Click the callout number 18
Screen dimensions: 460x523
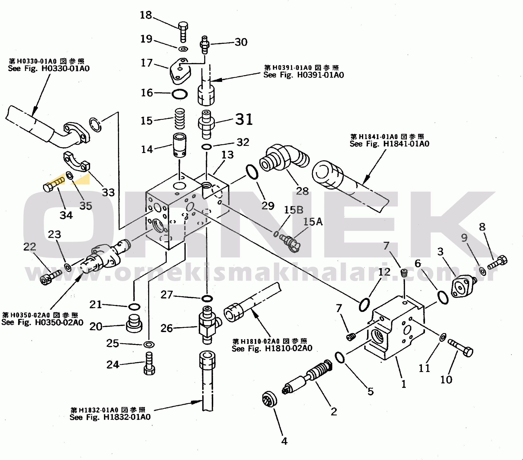point(146,15)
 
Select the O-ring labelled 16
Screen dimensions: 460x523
point(179,94)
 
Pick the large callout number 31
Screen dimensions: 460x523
point(244,120)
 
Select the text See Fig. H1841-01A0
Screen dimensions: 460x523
point(389,144)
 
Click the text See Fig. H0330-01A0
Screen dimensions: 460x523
point(49,68)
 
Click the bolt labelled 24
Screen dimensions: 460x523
point(149,364)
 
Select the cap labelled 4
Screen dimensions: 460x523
point(270,400)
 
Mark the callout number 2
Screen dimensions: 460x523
point(334,412)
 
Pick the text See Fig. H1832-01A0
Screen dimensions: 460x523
point(110,417)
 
